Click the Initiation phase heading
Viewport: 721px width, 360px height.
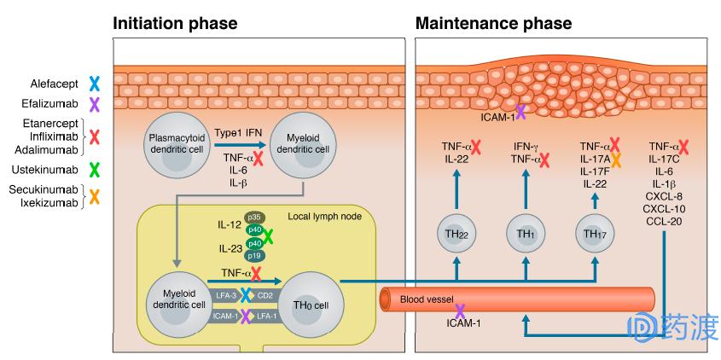[x=176, y=23]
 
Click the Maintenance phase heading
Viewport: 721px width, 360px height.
[x=493, y=23]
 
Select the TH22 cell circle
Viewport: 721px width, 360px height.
[x=456, y=234]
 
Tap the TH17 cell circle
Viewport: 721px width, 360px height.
[x=595, y=234]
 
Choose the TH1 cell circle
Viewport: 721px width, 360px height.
[x=525, y=234]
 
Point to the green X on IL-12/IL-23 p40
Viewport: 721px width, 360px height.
[x=268, y=236]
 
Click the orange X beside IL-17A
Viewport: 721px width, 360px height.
[x=615, y=159]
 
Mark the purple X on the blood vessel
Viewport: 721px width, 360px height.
[x=460, y=312]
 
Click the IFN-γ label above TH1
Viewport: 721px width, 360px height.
[x=524, y=146]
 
